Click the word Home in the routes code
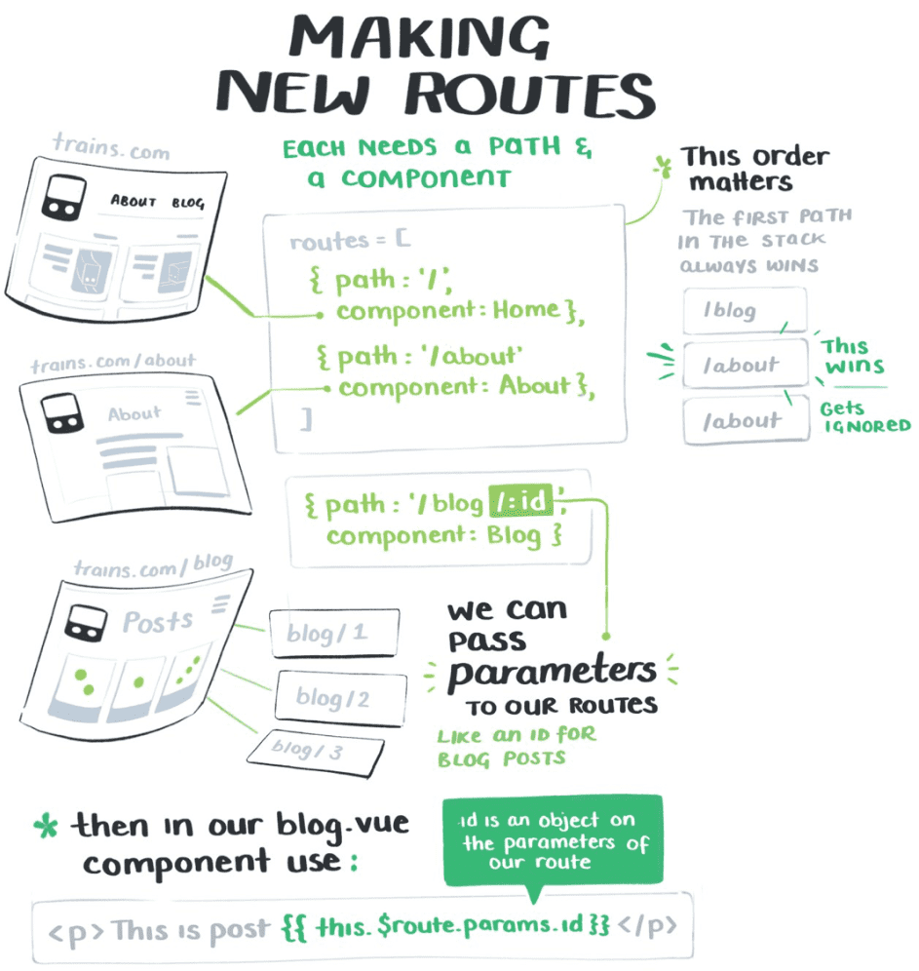pyautogui.click(x=525, y=311)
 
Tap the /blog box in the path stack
pyautogui.click(x=745, y=311)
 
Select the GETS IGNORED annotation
pyautogui.click(x=863, y=417)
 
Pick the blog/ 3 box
pyautogui.click(x=312, y=750)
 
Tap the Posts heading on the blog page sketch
pyautogui.click(x=158, y=620)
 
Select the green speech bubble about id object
pyautogui.click(x=552, y=841)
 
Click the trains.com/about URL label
pyautogui.click(x=114, y=364)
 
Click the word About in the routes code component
pyautogui.click(x=535, y=386)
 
